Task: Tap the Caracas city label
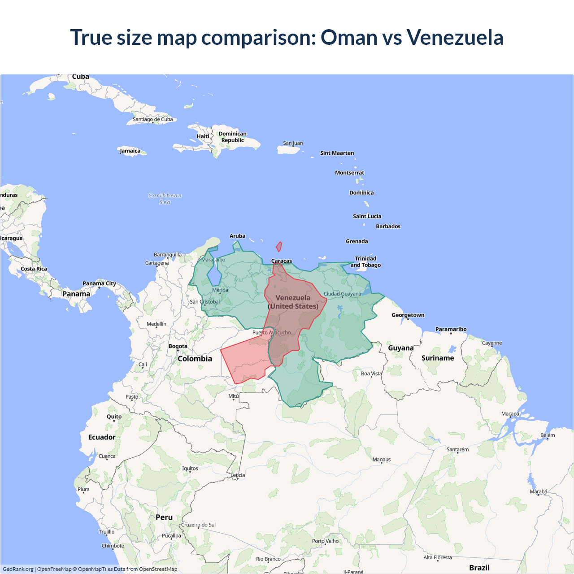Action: pos(282,261)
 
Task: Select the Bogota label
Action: pos(178,346)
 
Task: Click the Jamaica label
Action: pos(130,151)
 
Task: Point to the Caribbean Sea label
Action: pos(165,199)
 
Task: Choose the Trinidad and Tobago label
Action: pos(365,261)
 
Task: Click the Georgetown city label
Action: pos(408,315)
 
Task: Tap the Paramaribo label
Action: pos(451,329)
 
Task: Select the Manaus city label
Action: pos(382,459)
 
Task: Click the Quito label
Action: pos(114,417)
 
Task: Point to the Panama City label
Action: pos(99,283)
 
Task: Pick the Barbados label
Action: pos(388,226)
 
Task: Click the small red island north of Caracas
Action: pos(279,247)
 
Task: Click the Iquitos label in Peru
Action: pos(190,468)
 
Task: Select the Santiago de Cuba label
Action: pos(152,119)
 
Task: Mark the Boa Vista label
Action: pos(371,373)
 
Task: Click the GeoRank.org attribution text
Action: pos(18,569)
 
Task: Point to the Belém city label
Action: pos(548,435)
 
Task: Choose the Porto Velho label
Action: pos(326,541)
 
